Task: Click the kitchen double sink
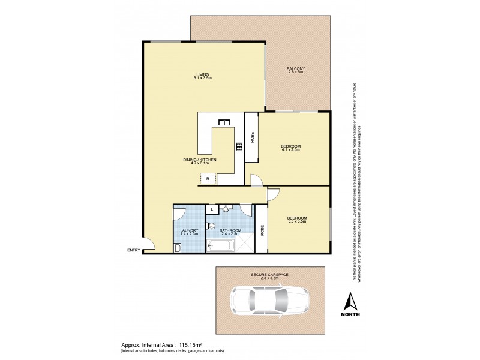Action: point(226,123)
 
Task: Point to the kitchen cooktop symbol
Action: point(239,146)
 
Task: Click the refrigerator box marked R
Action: point(208,179)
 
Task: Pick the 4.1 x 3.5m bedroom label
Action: point(290,149)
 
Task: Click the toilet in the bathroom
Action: point(211,226)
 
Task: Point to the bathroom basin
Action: point(226,209)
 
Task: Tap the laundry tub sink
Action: point(178,247)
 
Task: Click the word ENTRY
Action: point(133,250)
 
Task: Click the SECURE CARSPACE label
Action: point(269,275)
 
